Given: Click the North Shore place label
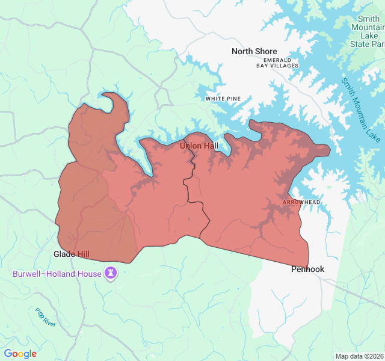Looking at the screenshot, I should [254, 51].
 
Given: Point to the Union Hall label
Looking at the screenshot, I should [199, 146].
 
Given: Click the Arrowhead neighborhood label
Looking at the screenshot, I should [301, 203].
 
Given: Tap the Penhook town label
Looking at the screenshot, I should [307, 269].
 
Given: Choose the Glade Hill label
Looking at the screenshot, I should [72, 254].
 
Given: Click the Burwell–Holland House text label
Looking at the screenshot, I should [58, 274].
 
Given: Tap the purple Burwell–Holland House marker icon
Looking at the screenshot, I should [111, 274].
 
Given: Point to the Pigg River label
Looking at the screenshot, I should [45, 317].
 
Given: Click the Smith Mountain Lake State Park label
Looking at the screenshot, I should [368, 31].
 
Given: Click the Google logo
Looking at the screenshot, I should [20, 354].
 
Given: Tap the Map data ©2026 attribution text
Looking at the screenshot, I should [359, 356].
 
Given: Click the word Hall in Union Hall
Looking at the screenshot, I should [209, 146].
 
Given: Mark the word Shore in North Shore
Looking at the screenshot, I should [266, 51].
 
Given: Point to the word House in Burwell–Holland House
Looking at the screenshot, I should [90, 274].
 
